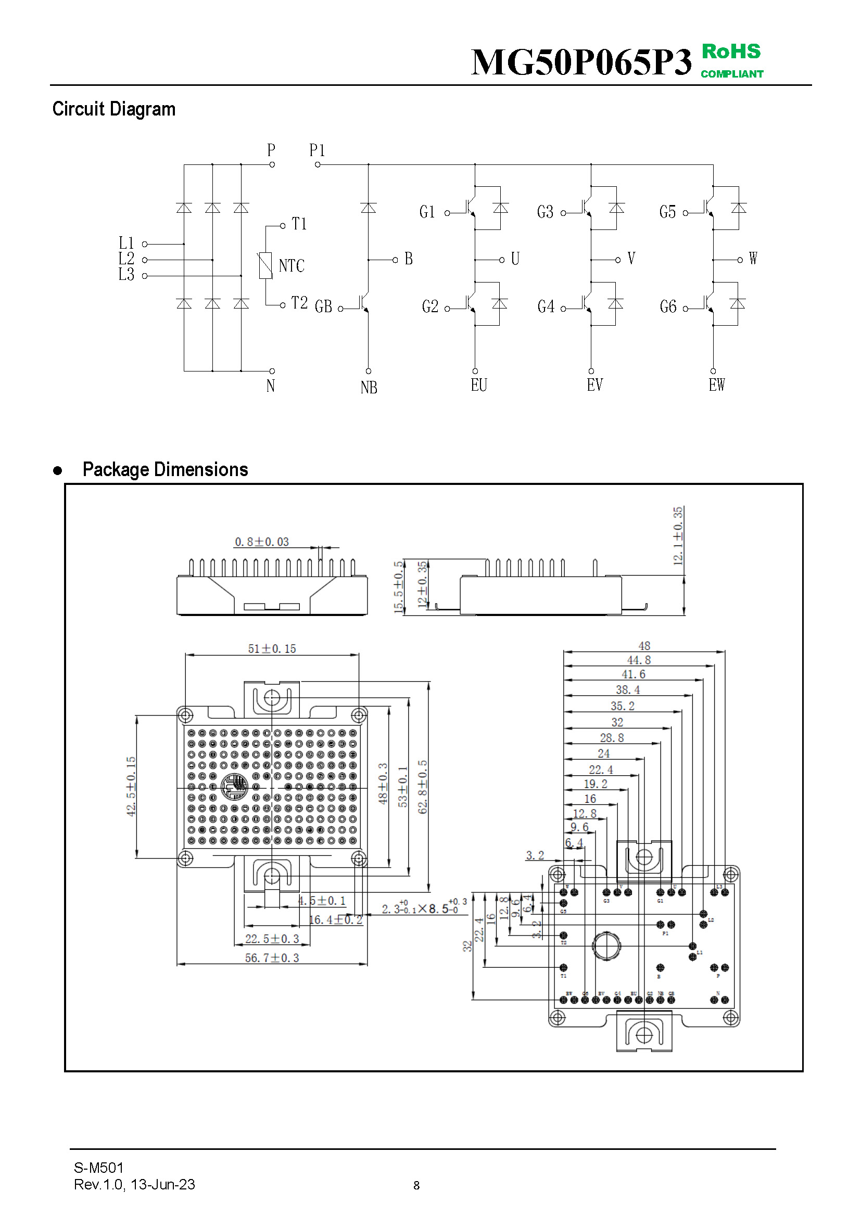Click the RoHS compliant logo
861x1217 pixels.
tap(731, 60)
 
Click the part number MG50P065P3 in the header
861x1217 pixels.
tap(581, 62)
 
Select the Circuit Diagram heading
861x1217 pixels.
tap(113, 109)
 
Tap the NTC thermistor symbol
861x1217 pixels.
tap(265, 265)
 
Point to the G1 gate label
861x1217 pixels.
tap(427, 212)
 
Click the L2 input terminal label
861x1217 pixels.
tap(126, 259)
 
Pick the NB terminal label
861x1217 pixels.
tap(369, 388)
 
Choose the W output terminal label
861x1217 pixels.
tap(753, 259)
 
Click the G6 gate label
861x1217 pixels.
tap(668, 306)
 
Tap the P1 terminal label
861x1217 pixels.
tap(317, 150)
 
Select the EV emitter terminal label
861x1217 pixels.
tap(594, 385)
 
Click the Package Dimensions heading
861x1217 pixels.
tap(165, 470)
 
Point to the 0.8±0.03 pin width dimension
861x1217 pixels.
tap(262, 542)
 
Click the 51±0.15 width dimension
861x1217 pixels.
tap(272, 648)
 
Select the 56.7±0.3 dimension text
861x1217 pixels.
tap(272, 958)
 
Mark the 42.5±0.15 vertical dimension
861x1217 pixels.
tap(131, 787)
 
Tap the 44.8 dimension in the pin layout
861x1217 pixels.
tap(639, 660)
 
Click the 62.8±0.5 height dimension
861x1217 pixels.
tap(423, 787)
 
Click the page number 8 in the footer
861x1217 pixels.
tap(417, 1185)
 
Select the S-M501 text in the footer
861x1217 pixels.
tap(98, 1168)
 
